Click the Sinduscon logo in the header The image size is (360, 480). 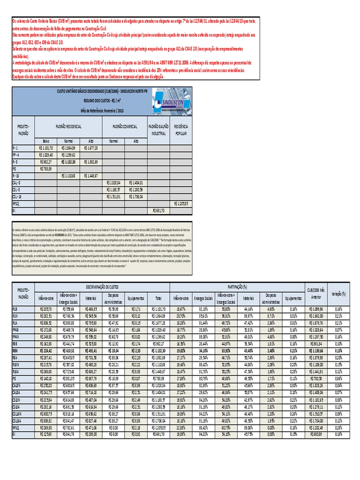click(167, 102)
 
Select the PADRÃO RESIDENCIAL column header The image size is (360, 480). click(69, 127)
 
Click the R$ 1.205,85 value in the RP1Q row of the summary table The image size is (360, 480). click(181, 204)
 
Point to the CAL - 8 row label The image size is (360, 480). click(16, 182)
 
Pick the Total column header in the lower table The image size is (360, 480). click(158, 297)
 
